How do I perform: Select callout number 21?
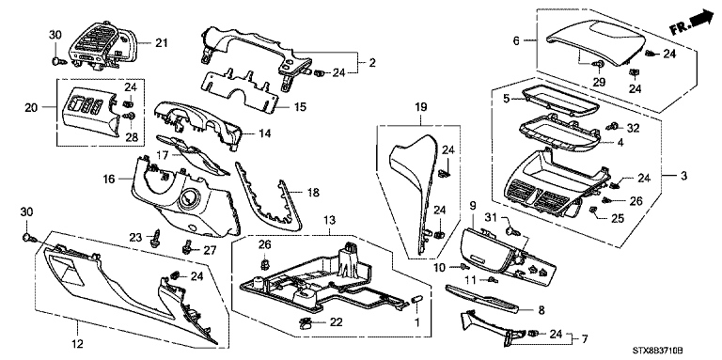tap(161, 43)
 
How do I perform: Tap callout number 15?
tap(299, 107)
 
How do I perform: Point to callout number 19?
tap(421, 107)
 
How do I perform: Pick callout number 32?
tap(634, 128)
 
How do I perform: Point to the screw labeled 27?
tap(187, 248)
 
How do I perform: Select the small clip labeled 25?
tap(593, 211)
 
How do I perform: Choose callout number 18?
tap(313, 193)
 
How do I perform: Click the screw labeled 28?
tap(132, 115)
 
